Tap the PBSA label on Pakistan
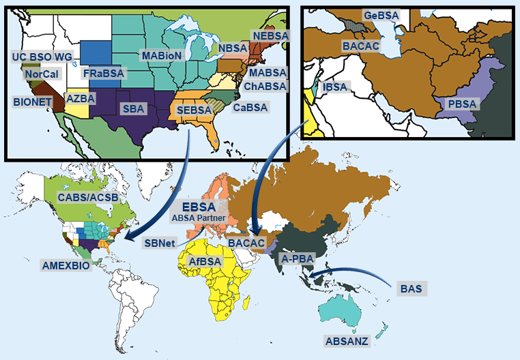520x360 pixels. (x=463, y=103)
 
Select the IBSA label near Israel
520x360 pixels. (x=335, y=87)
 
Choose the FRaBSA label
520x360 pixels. (x=102, y=72)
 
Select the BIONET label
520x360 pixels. (x=30, y=100)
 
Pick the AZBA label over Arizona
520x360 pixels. (x=81, y=98)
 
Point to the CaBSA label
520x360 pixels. (x=250, y=107)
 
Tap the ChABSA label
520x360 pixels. (x=265, y=86)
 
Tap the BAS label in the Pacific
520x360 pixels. (x=411, y=288)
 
